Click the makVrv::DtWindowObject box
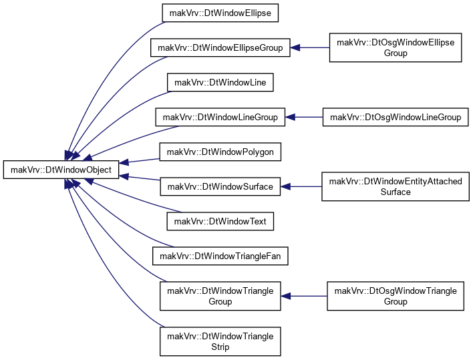tap(61, 170)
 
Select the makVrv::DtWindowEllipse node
tap(220, 13)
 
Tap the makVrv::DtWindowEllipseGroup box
tap(220, 47)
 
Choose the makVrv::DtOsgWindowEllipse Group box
tap(396, 47)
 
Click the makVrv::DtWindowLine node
tap(220, 82)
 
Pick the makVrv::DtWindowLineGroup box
tap(220, 117)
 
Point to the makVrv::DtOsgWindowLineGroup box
tap(396, 117)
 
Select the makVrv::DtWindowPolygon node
tap(220, 152)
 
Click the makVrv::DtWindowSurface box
tap(220, 186)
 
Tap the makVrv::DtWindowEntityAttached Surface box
tap(396, 186)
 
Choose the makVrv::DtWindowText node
tap(220, 221)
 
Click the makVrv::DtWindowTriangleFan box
tap(220, 256)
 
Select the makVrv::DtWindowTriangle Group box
tap(220, 296)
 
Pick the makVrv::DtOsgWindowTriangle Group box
tap(396, 296)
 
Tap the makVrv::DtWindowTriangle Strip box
tap(220, 341)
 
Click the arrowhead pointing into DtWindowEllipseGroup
tap(295, 47)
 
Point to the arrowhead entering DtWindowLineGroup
tap(290, 117)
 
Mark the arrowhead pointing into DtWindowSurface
tap(285, 186)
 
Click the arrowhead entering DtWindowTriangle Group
tap(285, 296)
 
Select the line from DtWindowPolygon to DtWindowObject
tap(140, 161)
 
